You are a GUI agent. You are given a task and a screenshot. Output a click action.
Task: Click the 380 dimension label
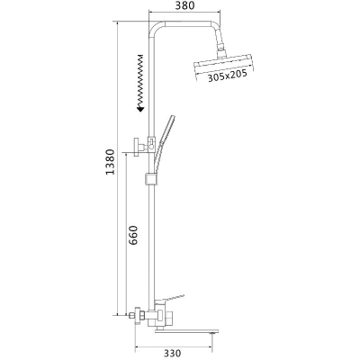tap(184, 5)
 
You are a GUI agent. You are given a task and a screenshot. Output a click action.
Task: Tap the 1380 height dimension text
tap(111, 162)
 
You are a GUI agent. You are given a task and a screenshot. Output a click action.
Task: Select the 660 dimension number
tap(133, 235)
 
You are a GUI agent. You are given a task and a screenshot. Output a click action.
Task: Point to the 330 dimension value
tap(173, 353)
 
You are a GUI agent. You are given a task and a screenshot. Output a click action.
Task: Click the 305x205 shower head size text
tap(228, 76)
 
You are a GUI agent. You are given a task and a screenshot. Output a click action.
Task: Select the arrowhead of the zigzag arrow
tap(140, 109)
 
